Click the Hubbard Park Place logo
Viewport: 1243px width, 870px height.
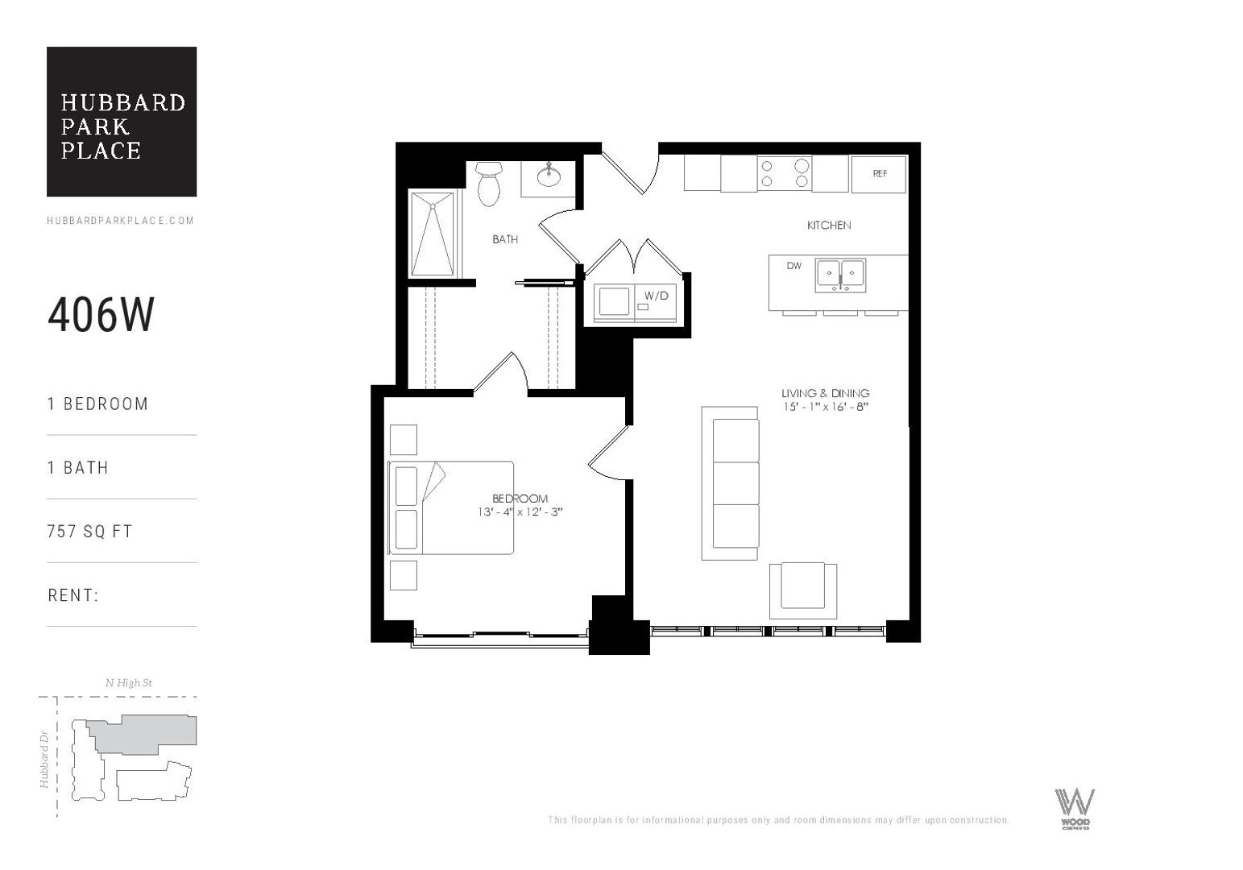click(122, 122)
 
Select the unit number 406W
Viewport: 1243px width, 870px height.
click(101, 315)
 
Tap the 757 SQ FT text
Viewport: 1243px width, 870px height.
click(89, 532)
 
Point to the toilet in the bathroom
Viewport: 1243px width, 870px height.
click(489, 183)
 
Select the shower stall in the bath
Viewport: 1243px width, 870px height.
click(433, 234)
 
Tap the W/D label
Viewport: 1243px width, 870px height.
click(656, 296)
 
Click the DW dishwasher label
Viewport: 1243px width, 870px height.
click(794, 266)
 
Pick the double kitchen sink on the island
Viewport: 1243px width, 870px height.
click(840, 275)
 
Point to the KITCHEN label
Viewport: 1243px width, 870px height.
click(829, 226)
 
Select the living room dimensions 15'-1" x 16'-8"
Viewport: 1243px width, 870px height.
click(825, 407)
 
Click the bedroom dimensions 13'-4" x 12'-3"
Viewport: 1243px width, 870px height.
click(520, 512)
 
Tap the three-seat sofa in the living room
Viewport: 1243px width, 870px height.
click(731, 483)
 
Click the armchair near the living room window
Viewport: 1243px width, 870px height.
click(802, 586)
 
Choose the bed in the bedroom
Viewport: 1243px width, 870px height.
click(451, 507)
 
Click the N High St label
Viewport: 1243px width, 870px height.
click(129, 683)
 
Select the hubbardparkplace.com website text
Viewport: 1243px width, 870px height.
click(121, 221)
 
